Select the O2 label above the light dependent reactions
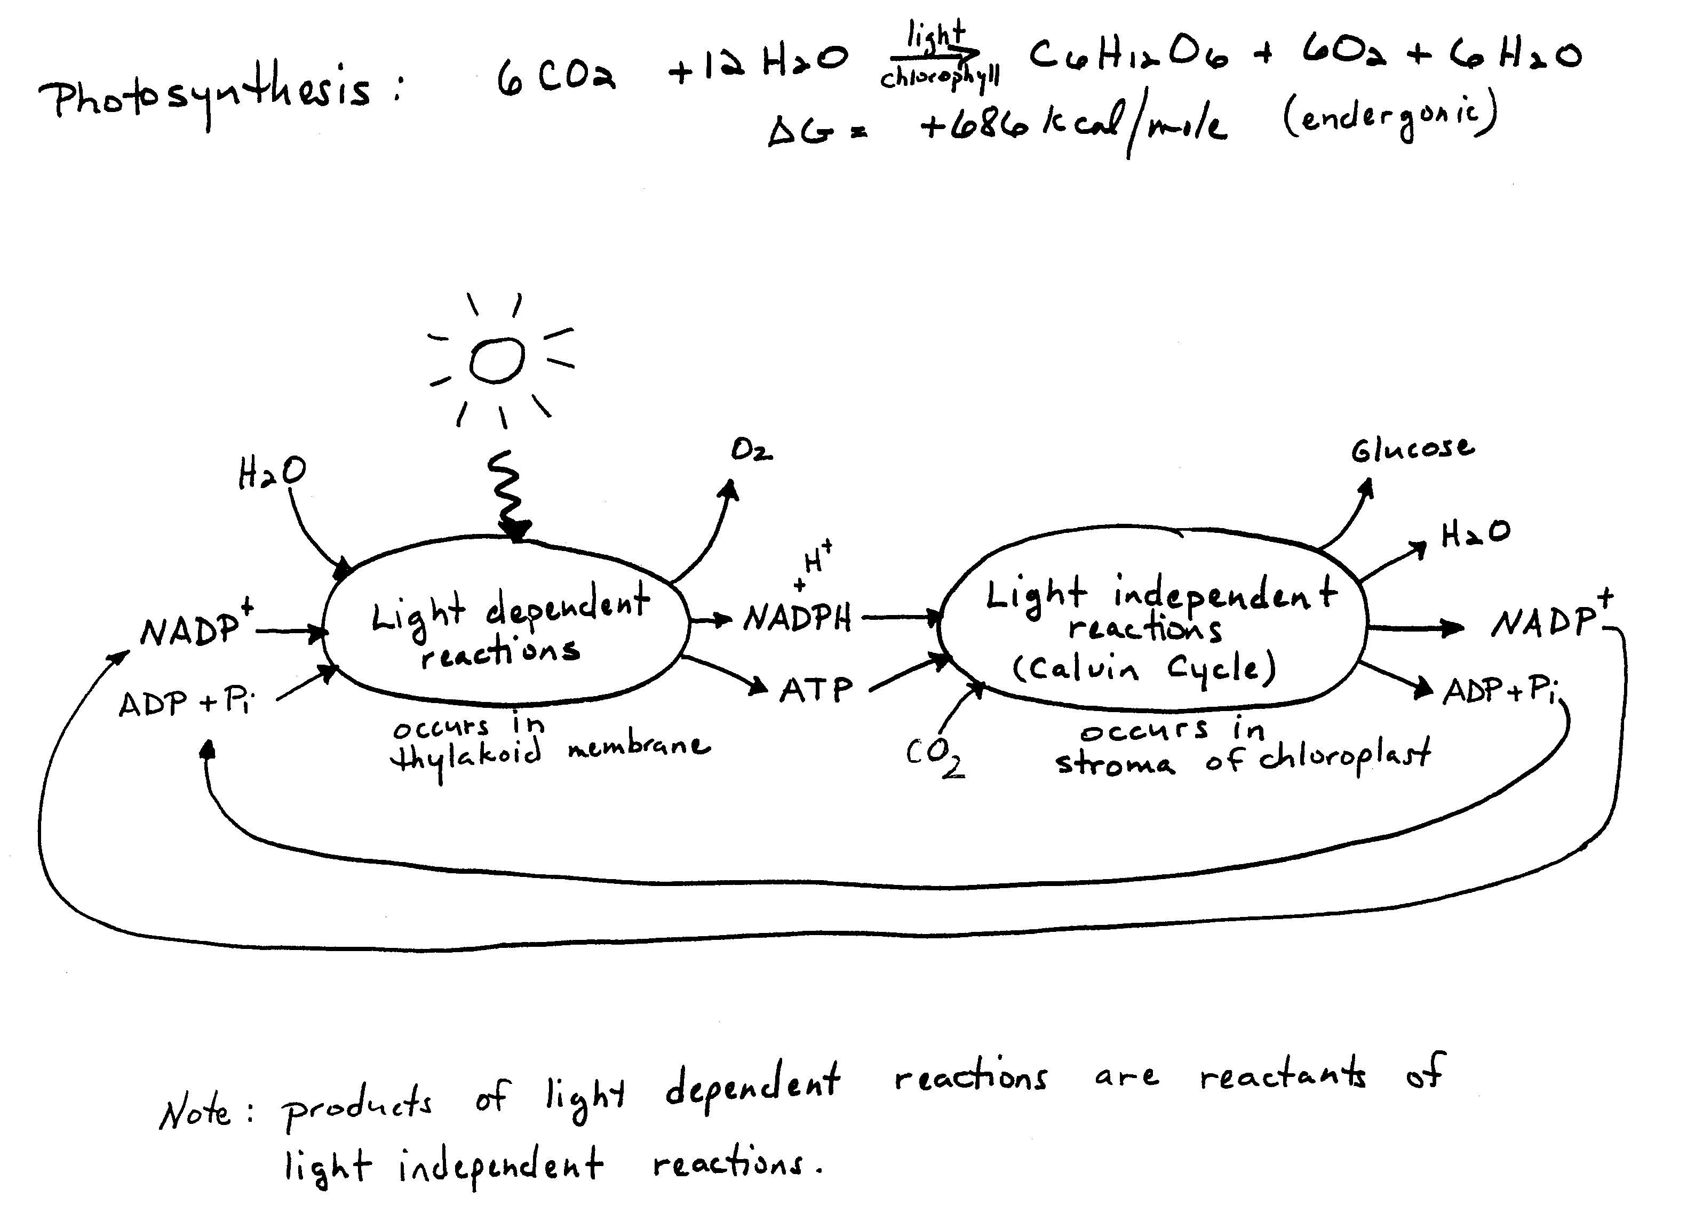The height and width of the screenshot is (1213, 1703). pyautogui.click(x=751, y=450)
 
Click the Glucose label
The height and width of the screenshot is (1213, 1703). pyautogui.click(x=1412, y=448)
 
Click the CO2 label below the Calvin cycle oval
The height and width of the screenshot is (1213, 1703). pyautogui.click(x=934, y=756)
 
